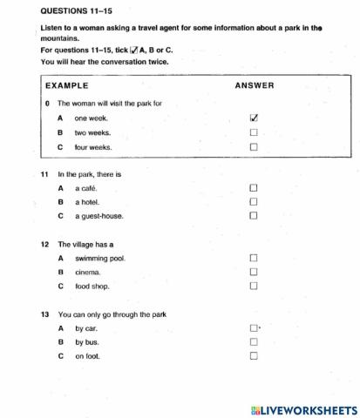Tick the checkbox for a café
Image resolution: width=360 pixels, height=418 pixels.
point(254,187)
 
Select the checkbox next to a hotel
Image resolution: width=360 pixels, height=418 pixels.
point(254,201)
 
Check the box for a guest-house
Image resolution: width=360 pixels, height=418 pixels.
point(254,215)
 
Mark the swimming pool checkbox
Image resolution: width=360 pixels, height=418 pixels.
point(254,258)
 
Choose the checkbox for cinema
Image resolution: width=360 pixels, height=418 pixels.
point(254,272)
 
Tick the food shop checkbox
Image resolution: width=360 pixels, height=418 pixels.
point(254,286)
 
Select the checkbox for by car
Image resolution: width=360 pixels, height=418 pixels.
point(254,328)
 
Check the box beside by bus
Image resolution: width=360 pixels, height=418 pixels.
point(254,342)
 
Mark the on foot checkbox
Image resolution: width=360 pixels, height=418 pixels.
point(254,356)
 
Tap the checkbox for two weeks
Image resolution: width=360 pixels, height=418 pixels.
point(254,132)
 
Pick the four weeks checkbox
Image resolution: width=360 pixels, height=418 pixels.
point(254,147)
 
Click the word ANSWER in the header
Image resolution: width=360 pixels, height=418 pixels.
point(254,85)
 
